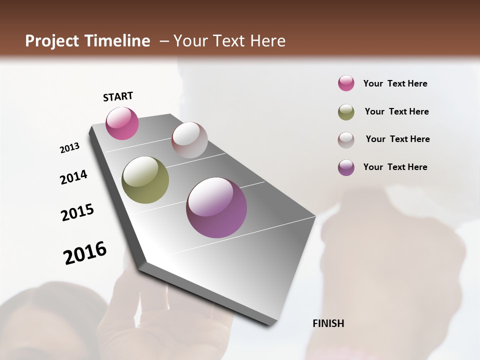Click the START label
118,96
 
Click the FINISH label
328,323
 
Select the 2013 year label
69,148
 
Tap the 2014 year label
73,177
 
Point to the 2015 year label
77,212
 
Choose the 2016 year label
85,253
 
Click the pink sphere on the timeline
122,123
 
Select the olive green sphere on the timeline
145,180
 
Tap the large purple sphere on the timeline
216,207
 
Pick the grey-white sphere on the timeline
189,140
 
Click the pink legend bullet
346,83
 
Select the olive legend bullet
346,112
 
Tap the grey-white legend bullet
346,140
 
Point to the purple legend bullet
346,167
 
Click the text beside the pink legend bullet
395,84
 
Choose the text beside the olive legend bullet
396,111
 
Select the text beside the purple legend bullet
395,167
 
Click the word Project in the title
53,41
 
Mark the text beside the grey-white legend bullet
397,139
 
